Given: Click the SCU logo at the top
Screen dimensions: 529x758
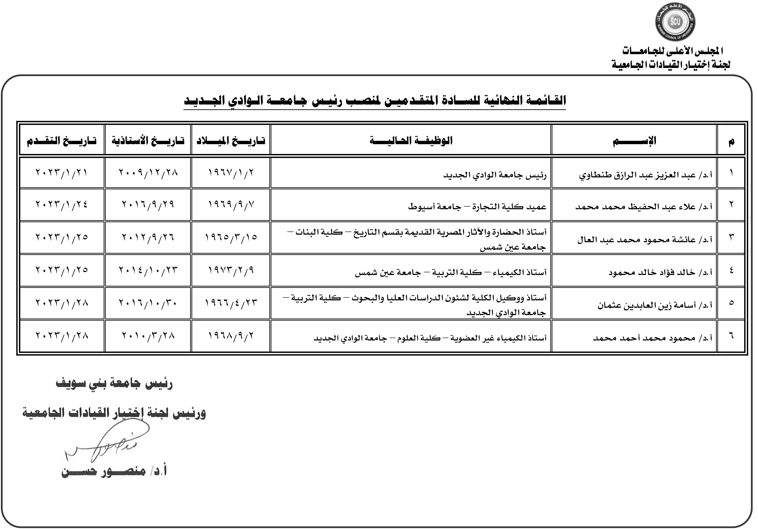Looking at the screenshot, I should pyautogui.click(x=675, y=23).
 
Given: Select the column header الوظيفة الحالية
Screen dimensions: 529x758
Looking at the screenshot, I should pyautogui.click(x=411, y=141).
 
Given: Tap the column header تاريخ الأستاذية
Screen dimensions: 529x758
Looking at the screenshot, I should pyautogui.click(x=148, y=141).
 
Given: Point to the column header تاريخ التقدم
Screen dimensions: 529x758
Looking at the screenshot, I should pyautogui.click(x=62, y=141).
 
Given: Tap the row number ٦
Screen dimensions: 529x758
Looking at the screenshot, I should pyautogui.click(x=731, y=336).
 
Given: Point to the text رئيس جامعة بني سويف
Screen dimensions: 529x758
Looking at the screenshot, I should pyautogui.click(x=114, y=384).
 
